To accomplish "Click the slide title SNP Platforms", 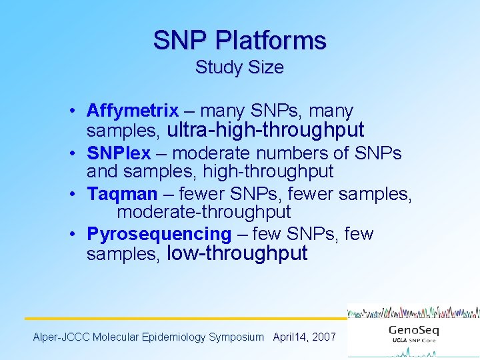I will (240, 41).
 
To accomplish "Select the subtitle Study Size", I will (239, 68).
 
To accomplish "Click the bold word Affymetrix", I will (133, 110).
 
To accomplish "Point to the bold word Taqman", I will (122, 194).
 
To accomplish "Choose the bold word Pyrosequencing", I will (159, 234).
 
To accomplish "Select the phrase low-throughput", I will (237, 253).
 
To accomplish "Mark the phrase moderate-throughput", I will (204, 212).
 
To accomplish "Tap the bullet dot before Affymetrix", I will (78, 111).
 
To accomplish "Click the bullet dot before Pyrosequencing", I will (78, 235).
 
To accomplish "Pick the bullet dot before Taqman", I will (78, 195).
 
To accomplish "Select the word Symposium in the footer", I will (236, 337).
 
